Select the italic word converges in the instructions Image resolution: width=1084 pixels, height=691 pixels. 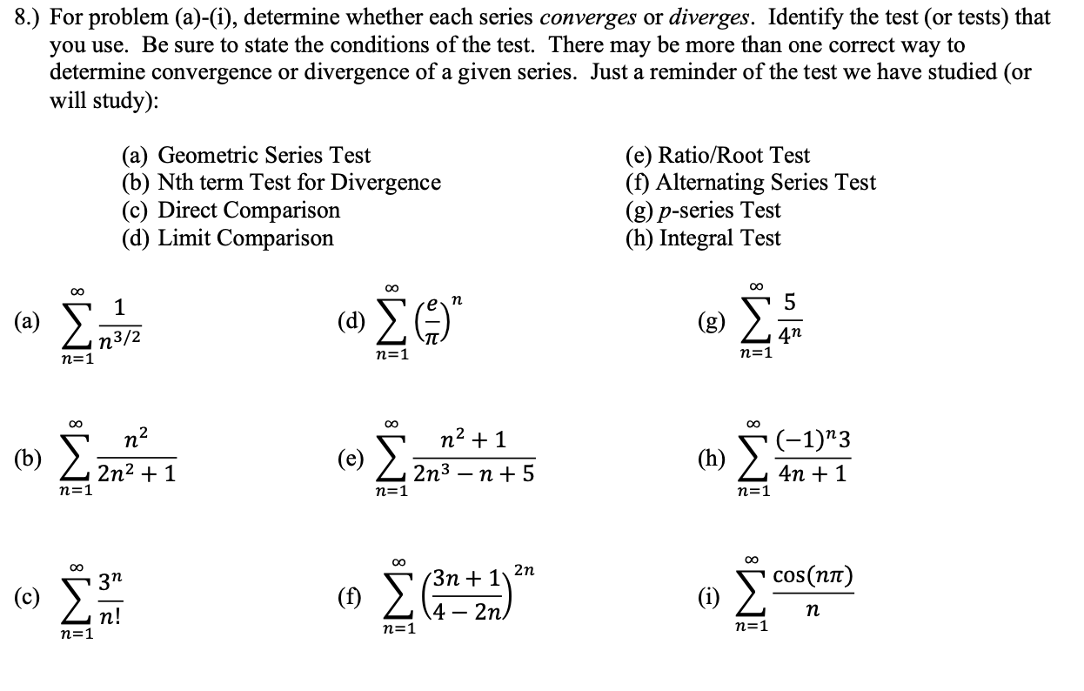click(596, 17)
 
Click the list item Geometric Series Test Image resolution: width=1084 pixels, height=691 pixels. click(246, 156)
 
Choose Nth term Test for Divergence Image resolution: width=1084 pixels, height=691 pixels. click(281, 183)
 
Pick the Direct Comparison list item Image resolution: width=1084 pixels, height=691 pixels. click(231, 211)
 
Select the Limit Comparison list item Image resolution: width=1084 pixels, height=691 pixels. click(227, 238)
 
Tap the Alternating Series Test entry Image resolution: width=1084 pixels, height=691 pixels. click(750, 183)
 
